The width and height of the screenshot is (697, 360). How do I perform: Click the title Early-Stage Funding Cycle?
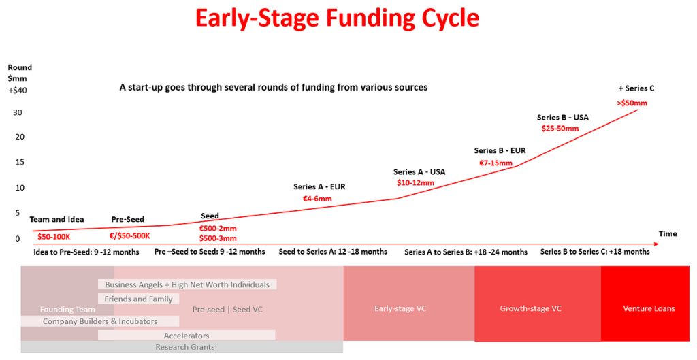point(337,18)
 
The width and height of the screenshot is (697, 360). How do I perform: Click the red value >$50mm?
point(632,103)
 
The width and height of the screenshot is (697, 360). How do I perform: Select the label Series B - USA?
point(562,117)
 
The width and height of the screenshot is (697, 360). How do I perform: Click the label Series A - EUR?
point(319,186)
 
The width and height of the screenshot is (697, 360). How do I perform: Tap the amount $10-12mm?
point(415,183)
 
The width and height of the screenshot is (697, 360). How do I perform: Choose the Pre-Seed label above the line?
point(128,219)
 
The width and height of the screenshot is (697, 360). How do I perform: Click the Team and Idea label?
point(57,219)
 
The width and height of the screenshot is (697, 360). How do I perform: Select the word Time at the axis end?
point(668,233)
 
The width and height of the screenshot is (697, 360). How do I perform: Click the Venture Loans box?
point(649,308)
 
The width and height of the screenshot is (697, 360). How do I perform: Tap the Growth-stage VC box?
point(530,308)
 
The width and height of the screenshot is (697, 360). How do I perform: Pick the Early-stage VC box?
point(400,308)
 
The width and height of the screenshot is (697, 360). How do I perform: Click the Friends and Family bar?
point(139,299)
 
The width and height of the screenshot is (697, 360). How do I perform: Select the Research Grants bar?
point(184,347)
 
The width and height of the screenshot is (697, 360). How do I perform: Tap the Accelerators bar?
point(187,336)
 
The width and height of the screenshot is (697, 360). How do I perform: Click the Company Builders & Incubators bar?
point(100,321)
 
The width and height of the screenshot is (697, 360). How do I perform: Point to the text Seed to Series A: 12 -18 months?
point(333,252)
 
